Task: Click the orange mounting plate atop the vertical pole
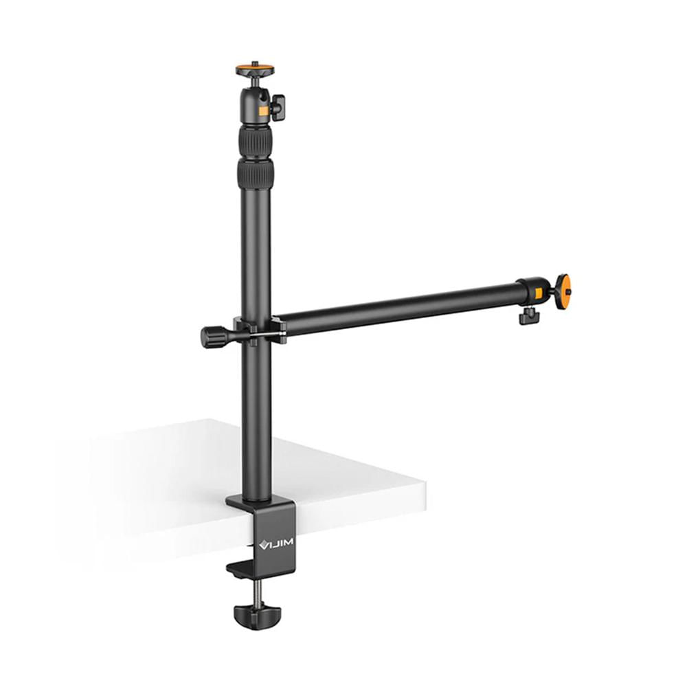click(x=255, y=70)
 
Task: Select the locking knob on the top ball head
click(x=277, y=106)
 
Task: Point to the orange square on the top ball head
click(x=262, y=110)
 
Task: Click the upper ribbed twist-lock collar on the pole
click(x=255, y=142)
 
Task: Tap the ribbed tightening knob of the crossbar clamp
click(x=212, y=337)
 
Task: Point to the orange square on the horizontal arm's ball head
click(x=539, y=293)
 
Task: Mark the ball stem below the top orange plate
click(x=255, y=82)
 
